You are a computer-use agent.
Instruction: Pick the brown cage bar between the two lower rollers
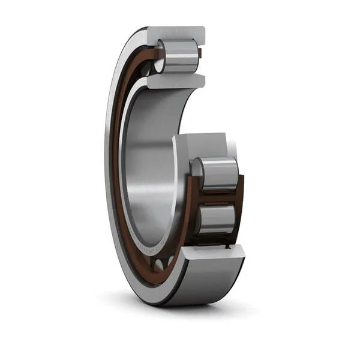[x=219, y=196]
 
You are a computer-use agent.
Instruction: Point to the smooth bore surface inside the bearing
[x=144, y=162]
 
